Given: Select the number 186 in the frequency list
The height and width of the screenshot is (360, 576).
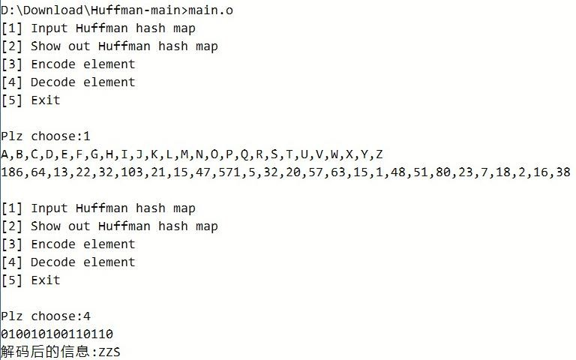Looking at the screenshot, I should point(11,172).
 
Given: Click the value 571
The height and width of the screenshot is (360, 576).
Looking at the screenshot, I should point(229,172).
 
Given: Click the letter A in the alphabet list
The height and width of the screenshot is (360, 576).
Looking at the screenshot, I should point(4,154).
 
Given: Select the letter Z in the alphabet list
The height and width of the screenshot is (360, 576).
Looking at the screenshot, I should point(379,154).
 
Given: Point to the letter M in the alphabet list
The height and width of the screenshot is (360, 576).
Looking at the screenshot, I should point(184,154).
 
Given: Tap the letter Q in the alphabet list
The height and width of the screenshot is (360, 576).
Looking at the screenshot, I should point(244,154).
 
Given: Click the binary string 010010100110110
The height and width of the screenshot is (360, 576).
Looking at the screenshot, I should point(57,334).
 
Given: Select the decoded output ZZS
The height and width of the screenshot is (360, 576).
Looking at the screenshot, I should point(109,352).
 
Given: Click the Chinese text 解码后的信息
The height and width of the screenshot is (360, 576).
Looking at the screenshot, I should point(45,352).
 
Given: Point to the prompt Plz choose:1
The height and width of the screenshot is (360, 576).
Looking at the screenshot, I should point(45,136).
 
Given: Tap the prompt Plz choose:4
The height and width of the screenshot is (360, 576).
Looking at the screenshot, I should point(45,316).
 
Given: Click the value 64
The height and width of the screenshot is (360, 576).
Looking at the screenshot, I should point(37,172).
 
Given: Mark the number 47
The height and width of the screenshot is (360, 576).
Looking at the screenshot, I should point(202,172).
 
